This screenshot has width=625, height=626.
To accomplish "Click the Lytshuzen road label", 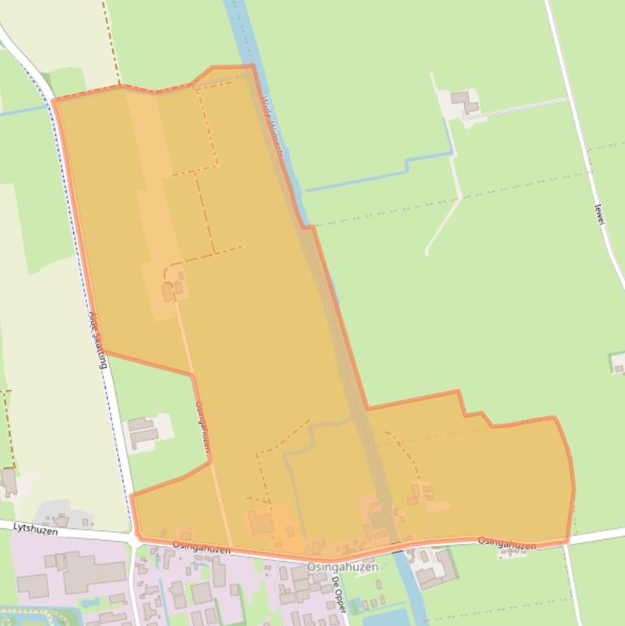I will click(36, 529).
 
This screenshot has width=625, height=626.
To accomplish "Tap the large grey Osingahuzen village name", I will click(342, 567).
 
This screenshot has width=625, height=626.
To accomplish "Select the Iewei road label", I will click(600, 214).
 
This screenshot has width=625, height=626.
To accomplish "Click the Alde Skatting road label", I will click(98, 339).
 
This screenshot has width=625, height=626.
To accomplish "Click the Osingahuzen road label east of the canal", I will click(506, 542).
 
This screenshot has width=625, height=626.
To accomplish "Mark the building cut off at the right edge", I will click(618, 363).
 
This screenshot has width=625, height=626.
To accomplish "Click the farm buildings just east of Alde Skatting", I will click(143, 430).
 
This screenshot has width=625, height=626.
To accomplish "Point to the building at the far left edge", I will click(8, 481).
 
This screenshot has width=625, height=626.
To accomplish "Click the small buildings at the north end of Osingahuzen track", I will click(173, 288).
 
